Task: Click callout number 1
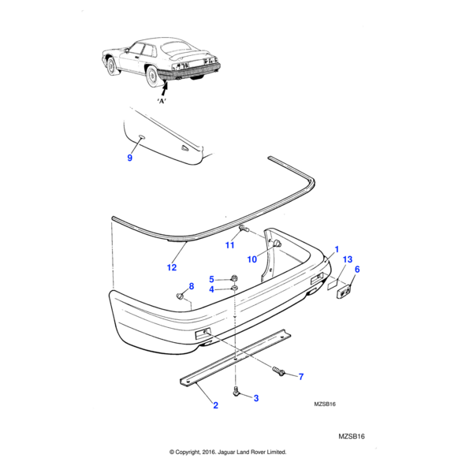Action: (x=337, y=250)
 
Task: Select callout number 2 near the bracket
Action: (x=214, y=406)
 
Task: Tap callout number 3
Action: (x=255, y=399)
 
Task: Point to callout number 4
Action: (x=211, y=289)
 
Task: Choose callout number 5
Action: (x=211, y=279)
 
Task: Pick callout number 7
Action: (x=300, y=377)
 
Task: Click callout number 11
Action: (x=229, y=245)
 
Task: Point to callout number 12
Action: (x=171, y=267)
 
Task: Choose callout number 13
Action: (x=348, y=259)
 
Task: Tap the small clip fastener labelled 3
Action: (x=236, y=391)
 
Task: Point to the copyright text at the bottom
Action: (x=228, y=452)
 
